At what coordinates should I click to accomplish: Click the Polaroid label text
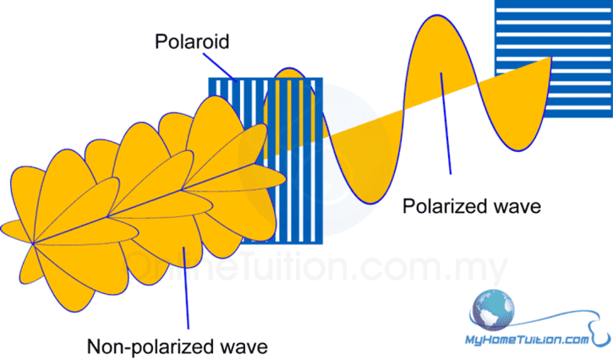click(x=191, y=40)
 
